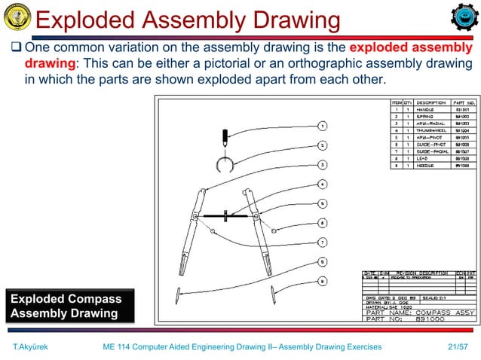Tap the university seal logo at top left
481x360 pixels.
tap(17, 17)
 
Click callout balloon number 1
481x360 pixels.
tap(322, 126)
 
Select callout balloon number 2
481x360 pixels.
tap(322, 145)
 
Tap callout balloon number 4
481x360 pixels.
tap(322, 184)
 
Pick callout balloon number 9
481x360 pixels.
tap(322, 281)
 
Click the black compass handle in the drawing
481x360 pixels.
tap(224, 138)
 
